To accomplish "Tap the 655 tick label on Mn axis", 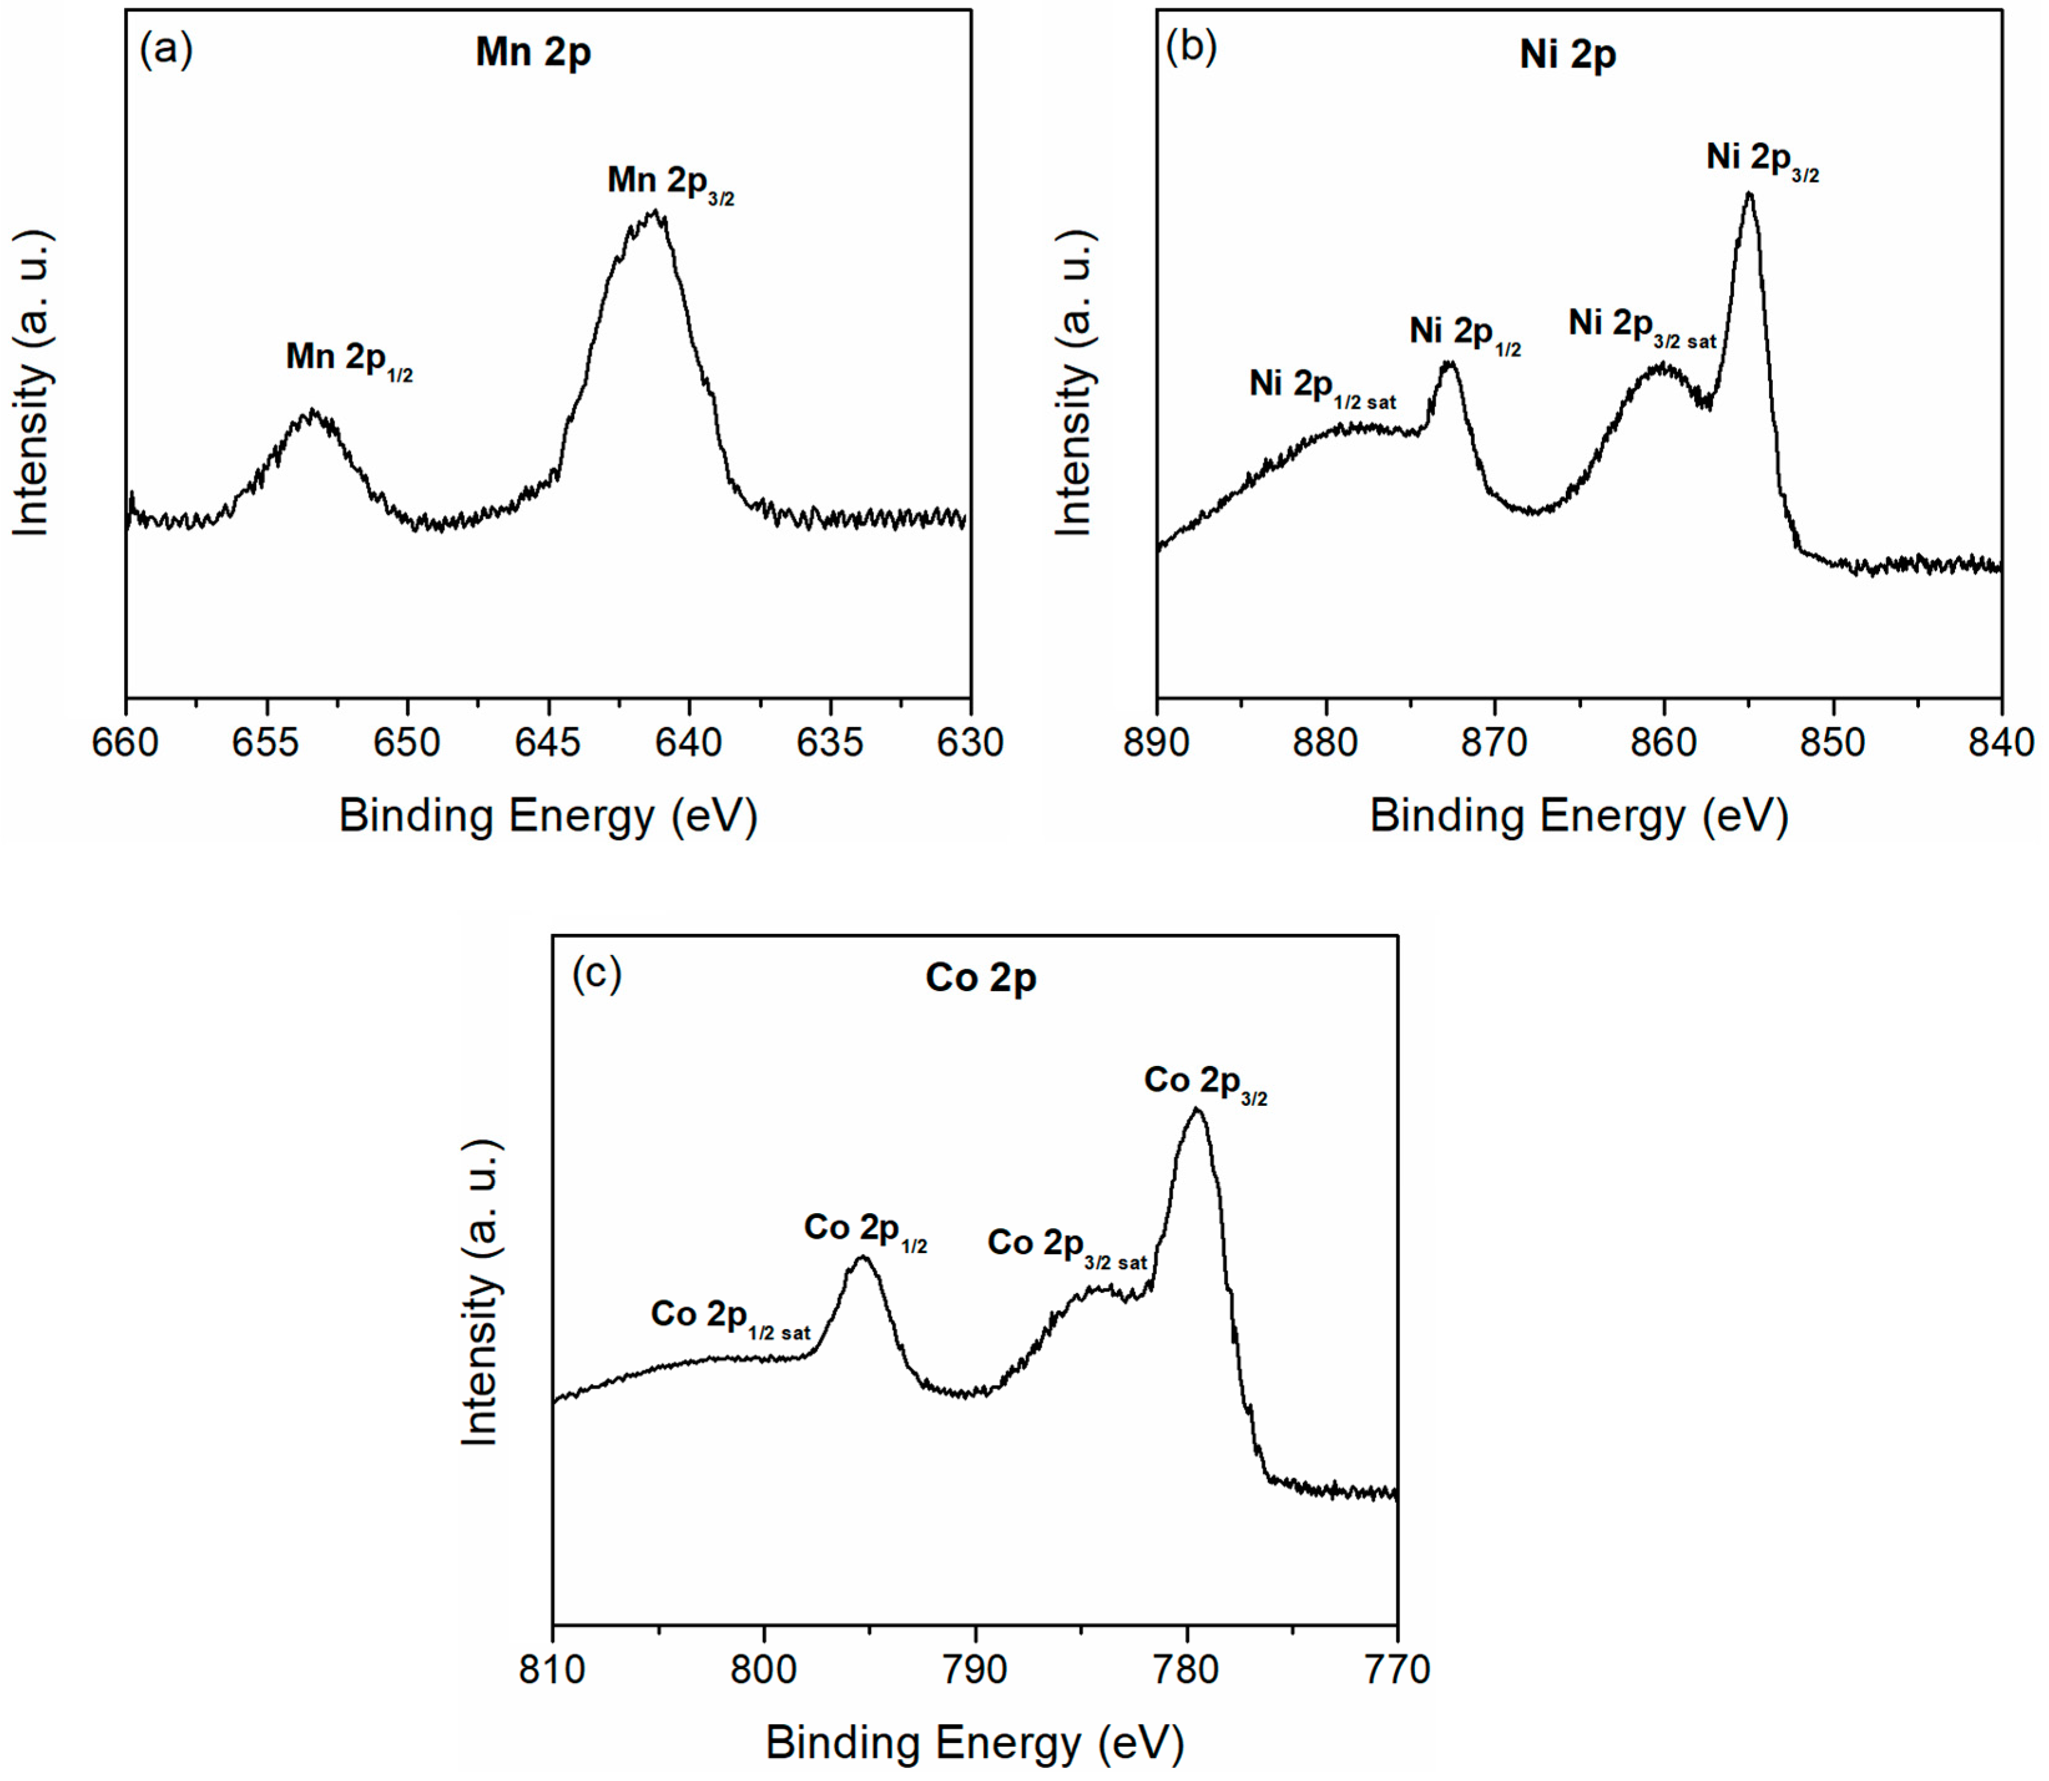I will [x=266, y=742].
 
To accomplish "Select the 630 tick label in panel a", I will [x=970, y=742].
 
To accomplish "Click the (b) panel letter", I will [x=1189, y=47].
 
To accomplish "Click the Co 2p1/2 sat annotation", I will [x=731, y=1317].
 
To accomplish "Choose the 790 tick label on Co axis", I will [x=975, y=1669].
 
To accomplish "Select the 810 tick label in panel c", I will [x=552, y=1669].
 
